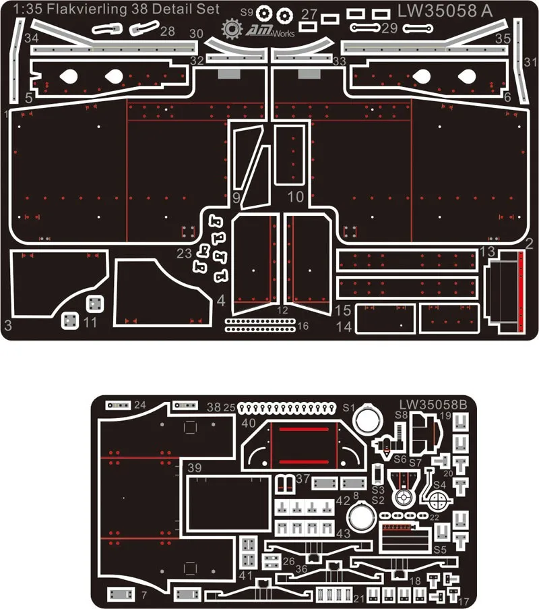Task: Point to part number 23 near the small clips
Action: coord(184,253)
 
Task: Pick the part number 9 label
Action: coord(236,198)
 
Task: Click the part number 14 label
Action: coord(344,326)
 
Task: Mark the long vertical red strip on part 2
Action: coord(520,291)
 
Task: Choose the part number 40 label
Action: coord(249,423)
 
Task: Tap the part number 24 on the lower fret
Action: coord(140,405)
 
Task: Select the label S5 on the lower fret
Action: coord(440,550)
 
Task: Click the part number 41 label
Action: coord(245,576)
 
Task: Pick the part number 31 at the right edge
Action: coord(530,62)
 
